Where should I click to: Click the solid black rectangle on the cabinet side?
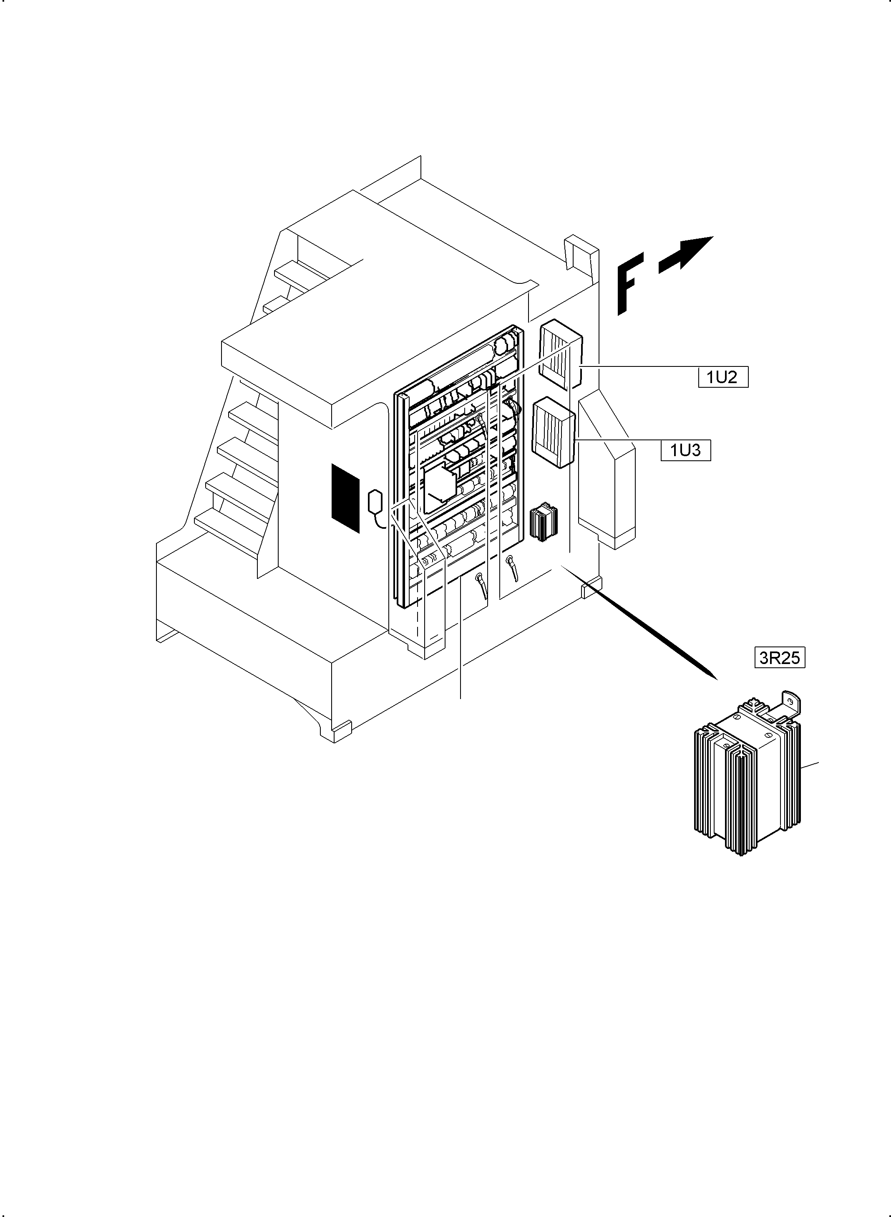345,497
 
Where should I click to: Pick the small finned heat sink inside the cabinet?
544,521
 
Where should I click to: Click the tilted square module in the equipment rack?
440,488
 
